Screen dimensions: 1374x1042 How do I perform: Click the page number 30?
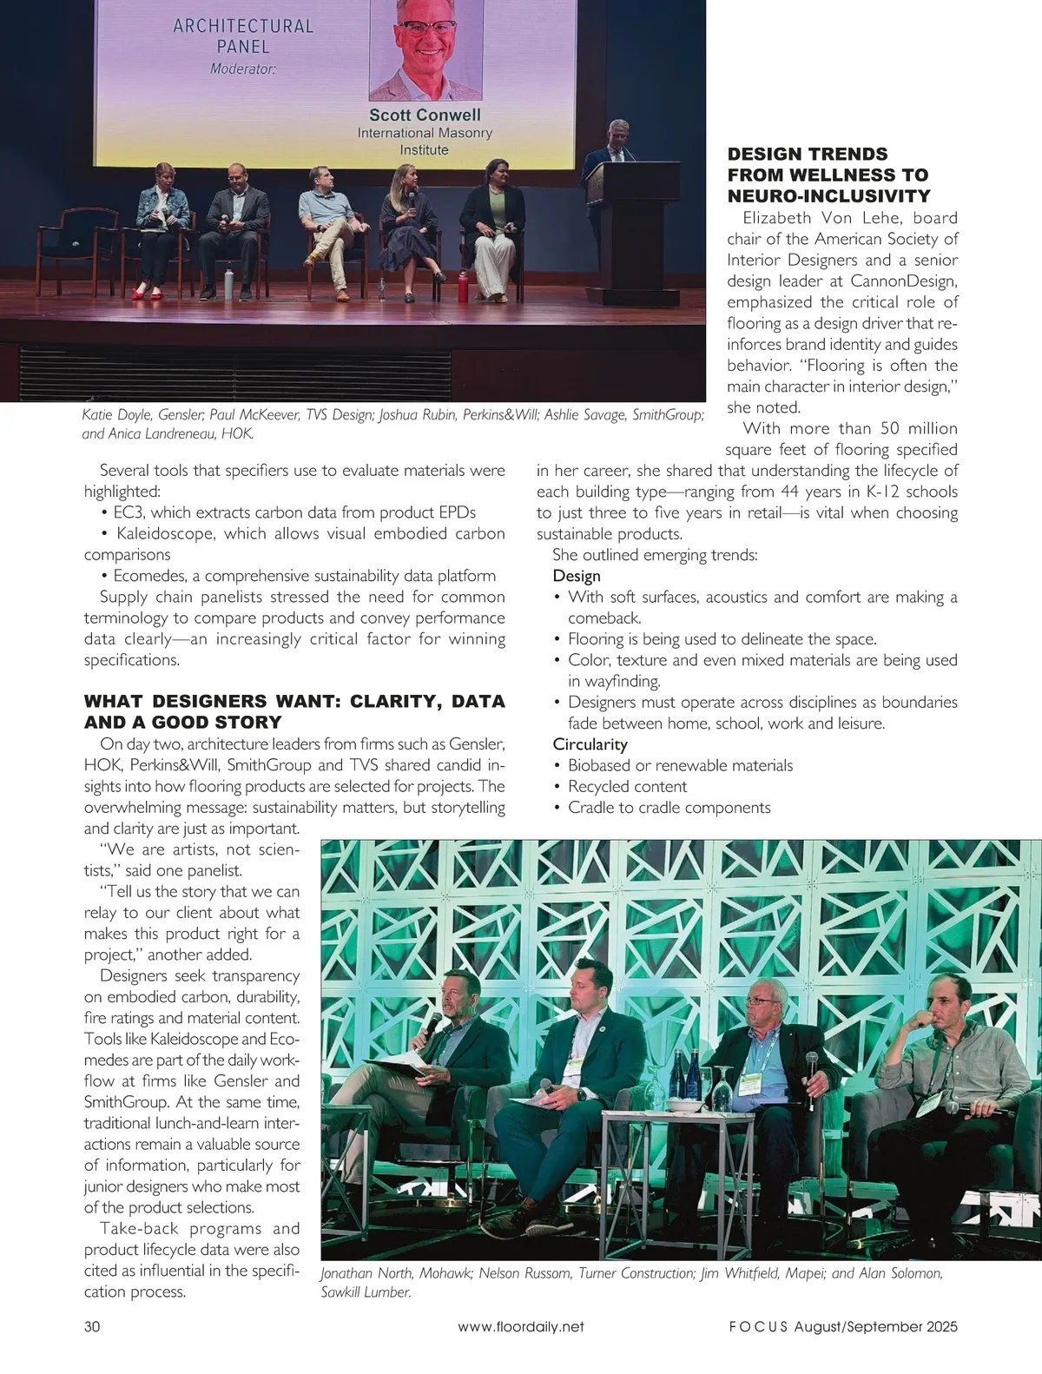92,1326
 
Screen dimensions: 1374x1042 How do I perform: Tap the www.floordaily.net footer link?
520,1326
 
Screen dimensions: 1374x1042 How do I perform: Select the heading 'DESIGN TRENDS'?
808,155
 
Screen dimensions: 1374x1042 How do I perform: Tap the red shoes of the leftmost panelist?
151,294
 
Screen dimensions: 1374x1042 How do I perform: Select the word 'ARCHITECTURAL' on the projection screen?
243,26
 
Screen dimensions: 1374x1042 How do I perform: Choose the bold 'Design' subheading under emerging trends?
577,576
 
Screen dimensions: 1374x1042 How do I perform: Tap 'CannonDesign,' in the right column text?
894,281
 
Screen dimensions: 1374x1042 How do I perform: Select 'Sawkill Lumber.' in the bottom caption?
366,1293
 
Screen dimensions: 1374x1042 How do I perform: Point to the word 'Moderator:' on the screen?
242,69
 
